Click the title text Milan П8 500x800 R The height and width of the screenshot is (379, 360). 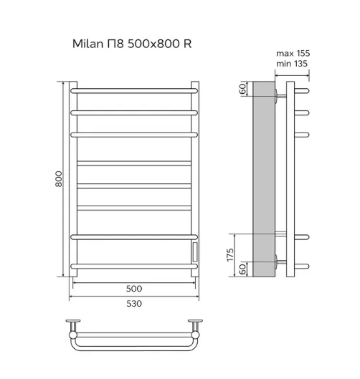coord(132,44)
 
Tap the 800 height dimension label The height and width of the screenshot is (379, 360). coord(59,179)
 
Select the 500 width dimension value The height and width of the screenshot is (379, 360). coord(134,289)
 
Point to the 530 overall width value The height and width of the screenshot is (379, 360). coord(134,304)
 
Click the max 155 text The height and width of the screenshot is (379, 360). coord(293,53)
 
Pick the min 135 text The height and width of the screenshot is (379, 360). coord(292,64)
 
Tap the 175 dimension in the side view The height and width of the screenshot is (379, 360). coord(230,255)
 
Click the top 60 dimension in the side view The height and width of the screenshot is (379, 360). coord(242,89)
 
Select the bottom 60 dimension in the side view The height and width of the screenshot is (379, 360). coord(242,269)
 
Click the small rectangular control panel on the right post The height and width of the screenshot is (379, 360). coord(195,252)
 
